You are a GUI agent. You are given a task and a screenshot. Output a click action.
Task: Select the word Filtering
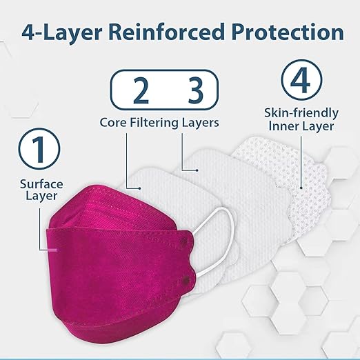pyautogui.click(x=159, y=123)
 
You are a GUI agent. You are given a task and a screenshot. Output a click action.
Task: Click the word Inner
pyautogui.click(x=283, y=126)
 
